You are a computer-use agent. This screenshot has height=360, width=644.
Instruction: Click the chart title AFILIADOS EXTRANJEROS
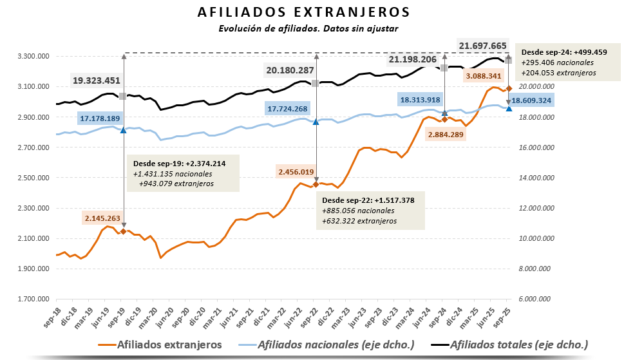click(303, 13)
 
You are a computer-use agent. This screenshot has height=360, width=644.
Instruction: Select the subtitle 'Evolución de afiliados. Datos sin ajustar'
click(308, 28)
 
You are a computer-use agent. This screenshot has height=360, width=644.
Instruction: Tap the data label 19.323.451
click(97, 81)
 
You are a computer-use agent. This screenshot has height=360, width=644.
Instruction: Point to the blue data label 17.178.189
click(100, 118)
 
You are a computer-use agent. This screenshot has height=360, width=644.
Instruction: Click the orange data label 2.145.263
click(102, 218)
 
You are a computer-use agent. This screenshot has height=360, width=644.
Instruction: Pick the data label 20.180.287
click(290, 70)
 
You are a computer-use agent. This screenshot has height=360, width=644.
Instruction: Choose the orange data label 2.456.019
click(296, 172)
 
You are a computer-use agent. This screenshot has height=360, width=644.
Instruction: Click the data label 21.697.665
click(482, 46)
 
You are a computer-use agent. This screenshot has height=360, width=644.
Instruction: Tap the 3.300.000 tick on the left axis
click(35, 57)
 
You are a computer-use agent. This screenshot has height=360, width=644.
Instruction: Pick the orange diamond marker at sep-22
click(316, 185)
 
